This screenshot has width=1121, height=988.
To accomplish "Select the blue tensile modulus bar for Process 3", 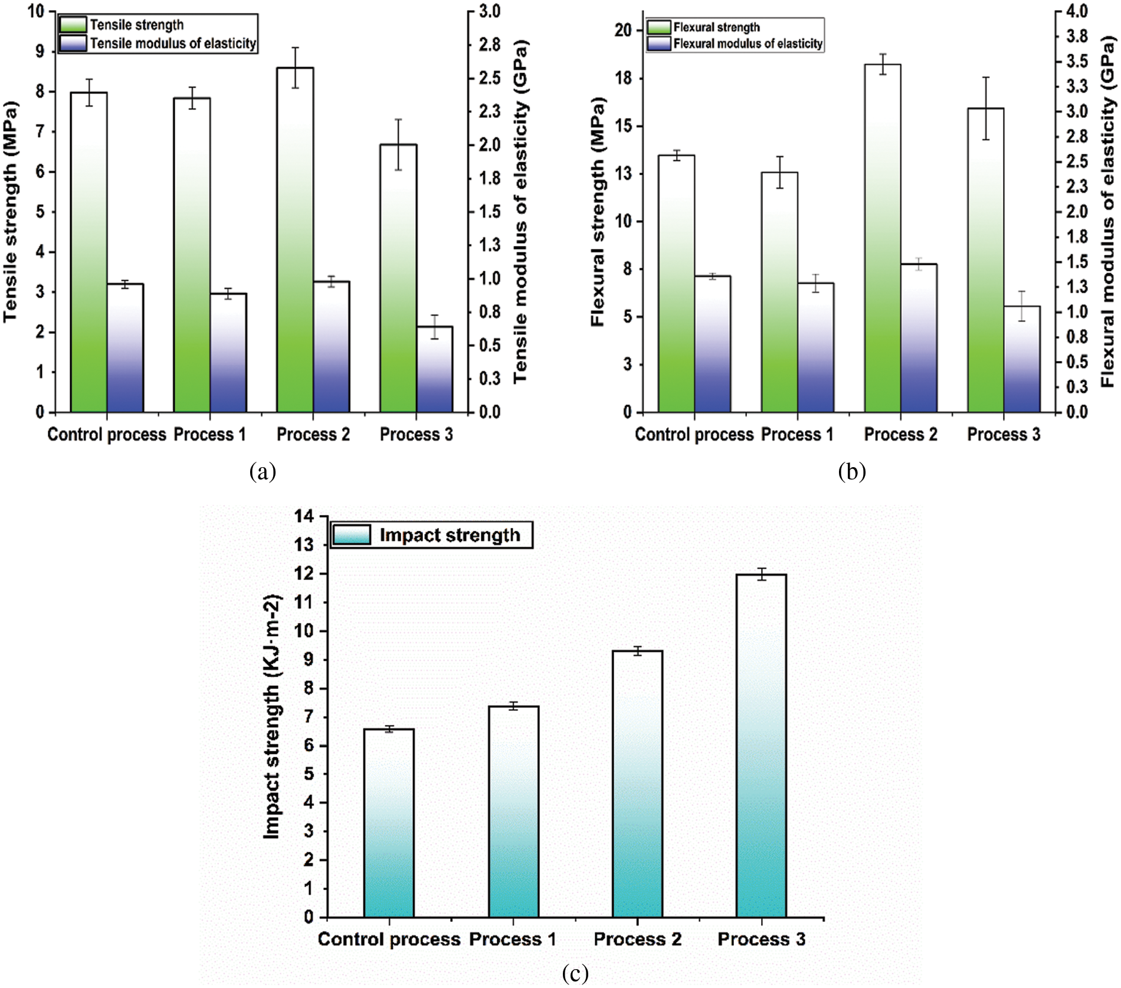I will click(435, 369).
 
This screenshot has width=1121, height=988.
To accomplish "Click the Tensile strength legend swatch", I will click(73, 25).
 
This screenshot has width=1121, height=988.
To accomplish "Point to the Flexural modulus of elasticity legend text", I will click(748, 44).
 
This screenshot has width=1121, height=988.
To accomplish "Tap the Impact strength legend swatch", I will click(352, 535).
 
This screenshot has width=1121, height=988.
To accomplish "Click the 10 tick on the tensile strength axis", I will click(37, 11).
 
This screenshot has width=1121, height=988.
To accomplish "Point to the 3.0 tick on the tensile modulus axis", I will click(489, 11).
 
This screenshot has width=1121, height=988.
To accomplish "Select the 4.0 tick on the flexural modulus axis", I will click(1077, 11).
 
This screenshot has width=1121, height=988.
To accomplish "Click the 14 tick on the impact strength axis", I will click(305, 517).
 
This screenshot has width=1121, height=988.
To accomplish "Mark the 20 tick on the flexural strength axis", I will click(623, 30).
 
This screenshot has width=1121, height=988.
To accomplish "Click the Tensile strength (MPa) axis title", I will click(11, 212).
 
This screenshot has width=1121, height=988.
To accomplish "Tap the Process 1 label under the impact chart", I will click(513, 939).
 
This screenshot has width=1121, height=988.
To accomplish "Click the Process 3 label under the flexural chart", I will click(1003, 435).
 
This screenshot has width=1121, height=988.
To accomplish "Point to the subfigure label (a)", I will click(263, 472).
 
